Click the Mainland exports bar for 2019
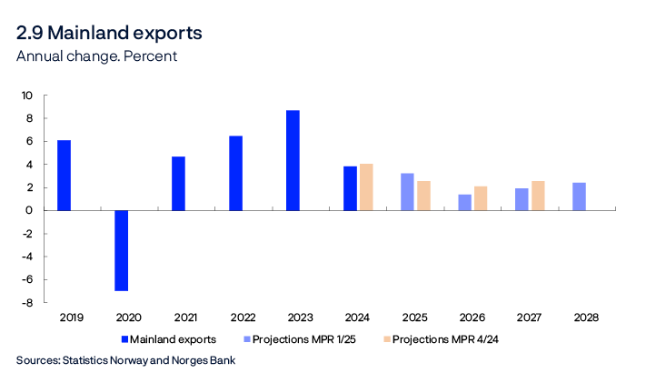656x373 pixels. click(x=64, y=176)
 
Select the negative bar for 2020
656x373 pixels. click(x=121, y=250)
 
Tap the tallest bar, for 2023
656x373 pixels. click(x=293, y=160)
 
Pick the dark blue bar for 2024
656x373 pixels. click(x=350, y=188)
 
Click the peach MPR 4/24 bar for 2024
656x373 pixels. click(x=366, y=187)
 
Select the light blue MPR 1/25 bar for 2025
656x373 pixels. click(x=407, y=192)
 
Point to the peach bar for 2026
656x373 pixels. click(x=481, y=198)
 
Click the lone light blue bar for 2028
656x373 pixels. click(x=579, y=197)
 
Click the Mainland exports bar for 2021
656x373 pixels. click(x=178, y=183)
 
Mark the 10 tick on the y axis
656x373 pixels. click(x=26, y=96)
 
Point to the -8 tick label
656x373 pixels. click(x=26, y=303)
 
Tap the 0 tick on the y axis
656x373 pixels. click(x=29, y=210)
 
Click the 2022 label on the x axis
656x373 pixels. click(x=243, y=318)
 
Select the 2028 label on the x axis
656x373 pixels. click(x=586, y=318)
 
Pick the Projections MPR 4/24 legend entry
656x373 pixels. click(x=456, y=338)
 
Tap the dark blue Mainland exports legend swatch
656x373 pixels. click(x=124, y=338)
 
